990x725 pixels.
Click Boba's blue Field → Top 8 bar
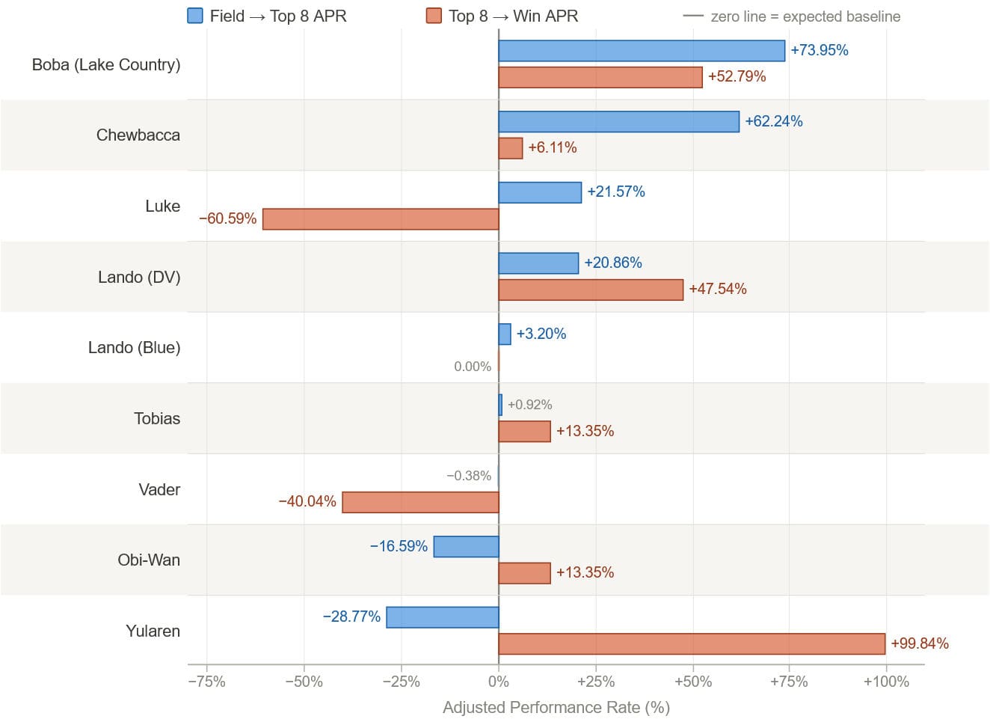(x=642, y=51)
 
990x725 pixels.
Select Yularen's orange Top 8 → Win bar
(x=692, y=643)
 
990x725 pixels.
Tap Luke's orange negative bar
(x=381, y=219)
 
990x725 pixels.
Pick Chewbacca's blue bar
(x=618, y=122)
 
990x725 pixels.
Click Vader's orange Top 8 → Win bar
(x=420, y=502)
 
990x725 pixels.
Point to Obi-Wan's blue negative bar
(x=466, y=547)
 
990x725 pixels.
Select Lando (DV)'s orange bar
(x=591, y=290)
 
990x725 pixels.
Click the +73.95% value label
(x=819, y=50)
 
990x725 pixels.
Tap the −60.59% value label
(x=227, y=218)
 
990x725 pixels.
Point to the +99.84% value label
(x=919, y=643)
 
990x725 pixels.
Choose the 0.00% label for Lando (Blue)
(x=473, y=367)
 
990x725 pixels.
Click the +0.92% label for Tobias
(x=529, y=405)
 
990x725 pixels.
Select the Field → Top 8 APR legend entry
(x=267, y=16)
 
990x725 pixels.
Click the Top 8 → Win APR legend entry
(x=502, y=16)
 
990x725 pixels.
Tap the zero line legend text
(x=805, y=16)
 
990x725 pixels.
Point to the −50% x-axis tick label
(x=304, y=682)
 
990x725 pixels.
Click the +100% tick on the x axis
(x=886, y=682)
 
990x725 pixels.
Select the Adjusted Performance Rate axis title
(x=556, y=708)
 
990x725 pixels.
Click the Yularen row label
(x=153, y=631)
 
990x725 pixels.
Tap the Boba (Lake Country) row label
(x=106, y=64)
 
